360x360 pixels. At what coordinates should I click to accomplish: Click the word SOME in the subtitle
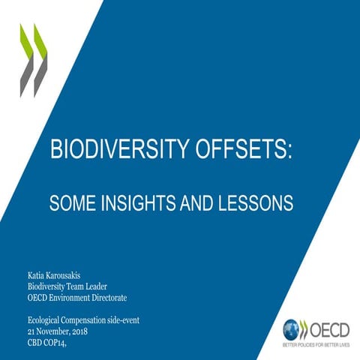[x=69, y=202]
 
